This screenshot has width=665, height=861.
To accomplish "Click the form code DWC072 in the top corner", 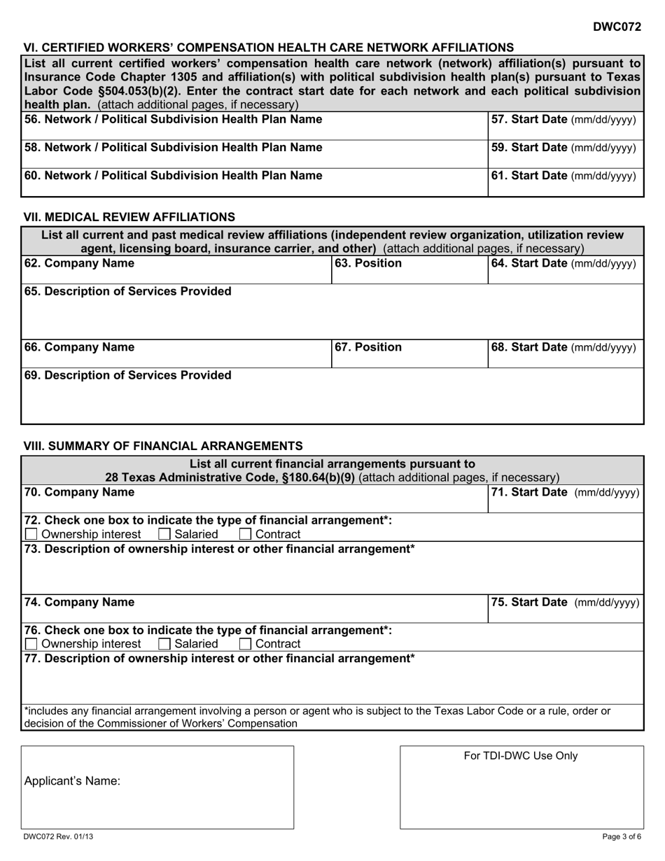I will (617, 27).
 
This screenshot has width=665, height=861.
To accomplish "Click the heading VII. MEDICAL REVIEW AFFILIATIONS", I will (129, 217).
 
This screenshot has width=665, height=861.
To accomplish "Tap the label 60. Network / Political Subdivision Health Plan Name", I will (174, 175).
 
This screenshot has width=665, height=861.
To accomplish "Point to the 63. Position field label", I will (368, 263).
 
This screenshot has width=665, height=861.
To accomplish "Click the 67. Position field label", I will (368, 347).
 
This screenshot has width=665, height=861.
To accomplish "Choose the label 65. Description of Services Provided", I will (128, 291).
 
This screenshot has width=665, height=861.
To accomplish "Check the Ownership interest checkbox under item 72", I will (31, 535).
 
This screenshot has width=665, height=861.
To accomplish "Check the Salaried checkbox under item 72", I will (164, 535).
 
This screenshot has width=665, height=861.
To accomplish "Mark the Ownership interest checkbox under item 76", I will (31, 644).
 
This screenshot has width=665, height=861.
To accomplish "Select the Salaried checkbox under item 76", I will (164, 644).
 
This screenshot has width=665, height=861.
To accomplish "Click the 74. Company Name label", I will (80, 602).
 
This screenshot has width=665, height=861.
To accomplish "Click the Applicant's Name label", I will (72, 782).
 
